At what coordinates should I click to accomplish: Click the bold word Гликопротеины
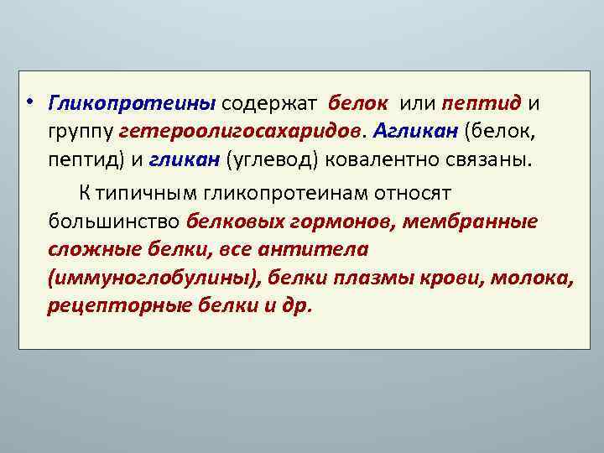point(132,103)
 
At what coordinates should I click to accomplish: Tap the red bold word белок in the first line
point(358,103)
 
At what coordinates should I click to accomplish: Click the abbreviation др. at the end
point(298,306)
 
